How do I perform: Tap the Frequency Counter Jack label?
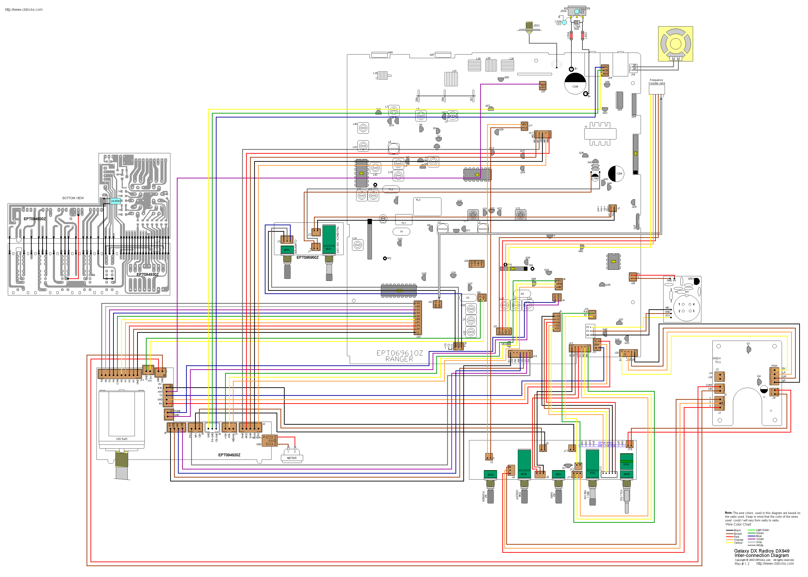[x=656, y=82]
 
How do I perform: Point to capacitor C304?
[x=616, y=174]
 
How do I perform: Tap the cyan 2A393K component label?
[x=115, y=201]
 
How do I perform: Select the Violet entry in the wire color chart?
[x=760, y=539]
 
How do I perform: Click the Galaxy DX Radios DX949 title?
[x=761, y=551]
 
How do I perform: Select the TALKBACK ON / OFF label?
[x=338, y=240]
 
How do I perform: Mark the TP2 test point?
[x=385, y=258]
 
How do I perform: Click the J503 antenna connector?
[x=529, y=27]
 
